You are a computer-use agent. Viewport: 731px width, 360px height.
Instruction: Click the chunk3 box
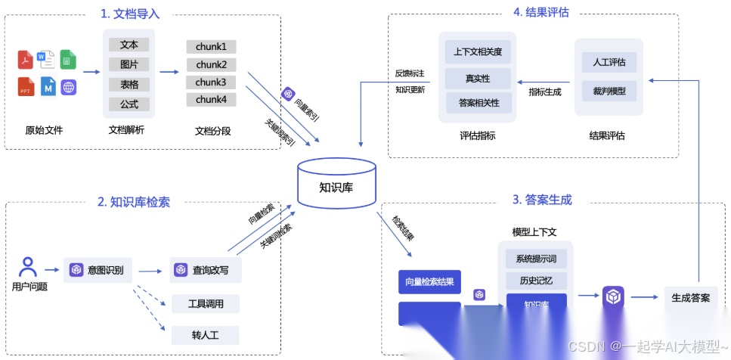pos(211,82)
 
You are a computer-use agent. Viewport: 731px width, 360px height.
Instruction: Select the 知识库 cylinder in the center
pos(336,184)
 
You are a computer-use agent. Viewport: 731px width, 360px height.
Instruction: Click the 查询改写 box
pos(206,269)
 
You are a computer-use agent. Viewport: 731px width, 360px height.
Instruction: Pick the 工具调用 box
pos(205,303)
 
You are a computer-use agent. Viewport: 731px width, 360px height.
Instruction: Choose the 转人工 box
pos(205,334)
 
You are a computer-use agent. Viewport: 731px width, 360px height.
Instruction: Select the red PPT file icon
pos(26,86)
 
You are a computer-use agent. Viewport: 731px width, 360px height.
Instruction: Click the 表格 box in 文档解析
pos(129,84)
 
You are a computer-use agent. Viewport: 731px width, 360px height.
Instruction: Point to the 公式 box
pos(129,104)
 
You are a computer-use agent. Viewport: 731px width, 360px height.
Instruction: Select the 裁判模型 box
pos(609,91)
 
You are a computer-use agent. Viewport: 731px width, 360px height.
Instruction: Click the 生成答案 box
pos(690,297)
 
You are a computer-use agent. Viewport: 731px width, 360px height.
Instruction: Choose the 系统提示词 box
pos(535,259)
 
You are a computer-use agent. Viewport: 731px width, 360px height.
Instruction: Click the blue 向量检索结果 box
pos(429,282)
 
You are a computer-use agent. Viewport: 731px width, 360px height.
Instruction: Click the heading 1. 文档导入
pos(130,14)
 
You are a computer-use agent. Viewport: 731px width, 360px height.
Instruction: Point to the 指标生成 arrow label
pos(544,91)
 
